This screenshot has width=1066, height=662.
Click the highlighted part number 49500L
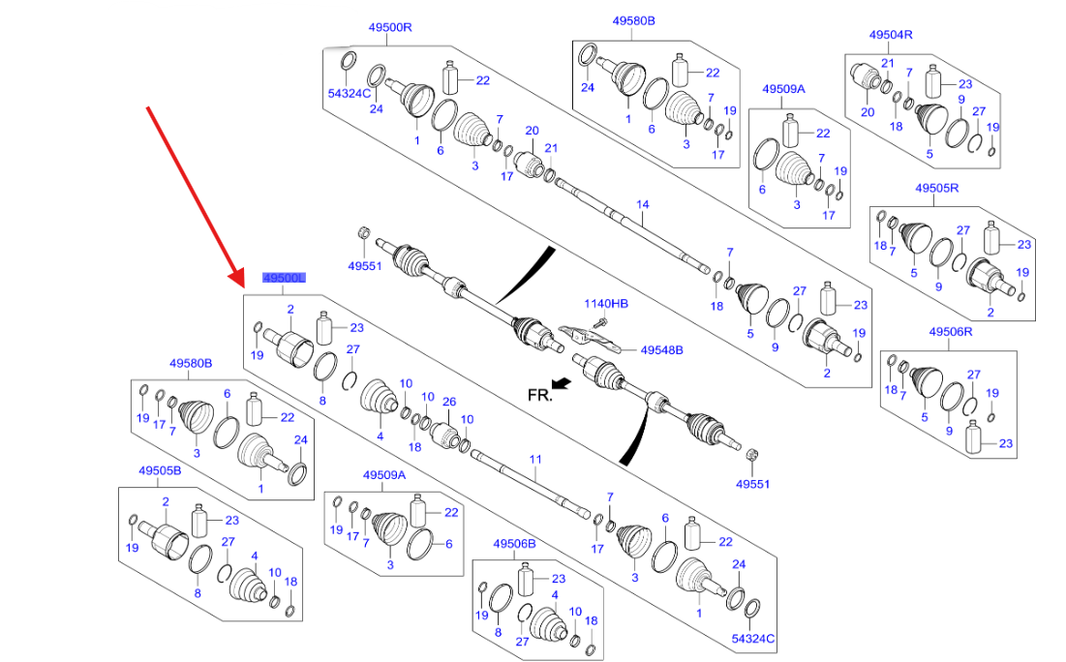pos(284,279)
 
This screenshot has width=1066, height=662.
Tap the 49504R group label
pos(891,35)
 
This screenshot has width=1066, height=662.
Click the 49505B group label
pos(160,470)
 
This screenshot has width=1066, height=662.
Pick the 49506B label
pos(514,544)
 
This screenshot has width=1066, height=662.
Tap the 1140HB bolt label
pos(605,304)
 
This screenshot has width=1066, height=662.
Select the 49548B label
pos(662,350)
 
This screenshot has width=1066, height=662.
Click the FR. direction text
pos(539,394)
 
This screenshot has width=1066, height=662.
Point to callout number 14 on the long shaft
pos(641,204)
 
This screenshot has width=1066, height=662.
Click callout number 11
pos(534,458)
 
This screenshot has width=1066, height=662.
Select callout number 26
pos(448,402)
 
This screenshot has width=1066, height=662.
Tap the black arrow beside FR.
pos(561,384)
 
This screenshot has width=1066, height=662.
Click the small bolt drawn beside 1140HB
pos(600,319)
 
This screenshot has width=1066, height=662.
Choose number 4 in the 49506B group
pos(555,594)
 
